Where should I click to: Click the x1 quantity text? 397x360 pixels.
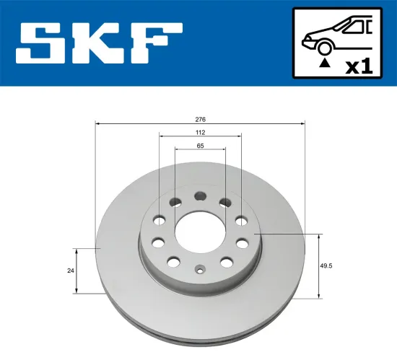tap(358, 67)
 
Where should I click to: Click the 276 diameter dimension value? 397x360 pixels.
tap(201, 118)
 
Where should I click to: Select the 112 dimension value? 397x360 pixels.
tap(201, 132)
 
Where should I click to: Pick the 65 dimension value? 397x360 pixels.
tap(201, 146)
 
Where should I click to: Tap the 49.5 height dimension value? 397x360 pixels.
tap(333, 265)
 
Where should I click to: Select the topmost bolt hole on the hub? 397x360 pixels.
tap(200, 195)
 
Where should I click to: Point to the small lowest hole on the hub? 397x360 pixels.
tap(200, 272)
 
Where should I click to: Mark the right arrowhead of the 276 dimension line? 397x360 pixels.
tap(303, 123)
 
